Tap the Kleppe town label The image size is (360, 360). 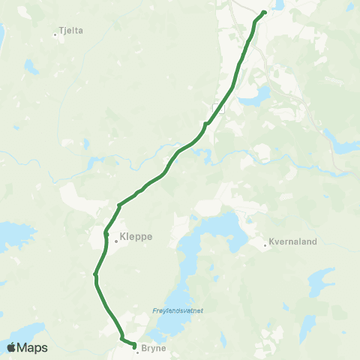(136, 236)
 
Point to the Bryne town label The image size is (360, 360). (153, 349)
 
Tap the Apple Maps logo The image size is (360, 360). (27, 347)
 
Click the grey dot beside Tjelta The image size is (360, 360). (55, 33)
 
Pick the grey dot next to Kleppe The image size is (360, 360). (115, 241)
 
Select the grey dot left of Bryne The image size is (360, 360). (137, 350)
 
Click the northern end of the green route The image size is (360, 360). (265, 13)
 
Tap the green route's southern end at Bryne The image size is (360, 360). (133, 346)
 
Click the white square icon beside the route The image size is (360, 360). (219, 108)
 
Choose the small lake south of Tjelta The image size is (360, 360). (32, 67)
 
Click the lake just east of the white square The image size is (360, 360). (259, 95)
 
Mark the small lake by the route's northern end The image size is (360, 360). (278, 4)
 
